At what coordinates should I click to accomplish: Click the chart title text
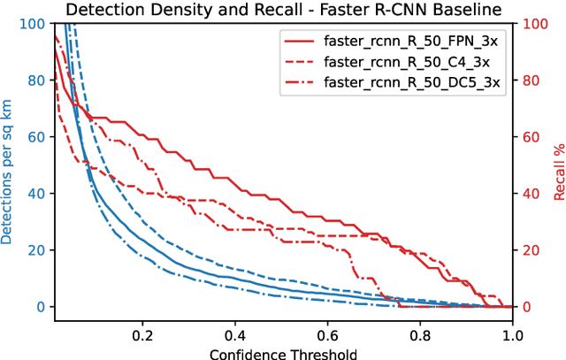point(283,10)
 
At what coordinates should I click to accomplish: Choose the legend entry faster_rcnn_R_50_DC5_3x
point(412,82)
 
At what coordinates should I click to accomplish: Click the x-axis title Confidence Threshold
point(283,352)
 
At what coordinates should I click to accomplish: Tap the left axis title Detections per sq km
point(8,165)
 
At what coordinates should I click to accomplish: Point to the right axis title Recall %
point(557,165)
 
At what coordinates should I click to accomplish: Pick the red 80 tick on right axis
point(529,80)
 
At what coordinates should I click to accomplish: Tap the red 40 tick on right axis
point(529,194)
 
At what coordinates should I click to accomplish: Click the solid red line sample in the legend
point(300,42)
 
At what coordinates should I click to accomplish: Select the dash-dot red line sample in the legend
point(300,82)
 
